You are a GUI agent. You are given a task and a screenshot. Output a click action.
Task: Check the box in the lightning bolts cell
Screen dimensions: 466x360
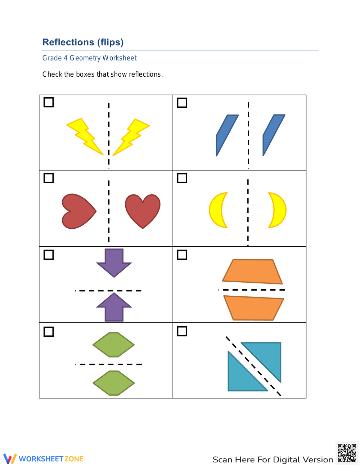[x=49, y=102]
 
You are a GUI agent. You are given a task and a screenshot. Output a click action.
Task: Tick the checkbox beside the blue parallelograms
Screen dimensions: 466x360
[x=182, y=103]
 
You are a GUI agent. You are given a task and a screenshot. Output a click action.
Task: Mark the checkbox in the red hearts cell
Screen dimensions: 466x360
[x=49, y=178]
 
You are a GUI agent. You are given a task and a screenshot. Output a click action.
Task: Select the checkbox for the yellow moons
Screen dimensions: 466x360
[x=182, y=178]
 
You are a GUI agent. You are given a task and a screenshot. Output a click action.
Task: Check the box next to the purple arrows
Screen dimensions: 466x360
[x=49, y=255]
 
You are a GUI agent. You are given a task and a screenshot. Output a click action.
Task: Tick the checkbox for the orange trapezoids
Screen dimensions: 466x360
[x=182, y=255]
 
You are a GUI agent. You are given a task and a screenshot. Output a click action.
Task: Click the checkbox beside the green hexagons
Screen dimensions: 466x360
[x=49, y=331]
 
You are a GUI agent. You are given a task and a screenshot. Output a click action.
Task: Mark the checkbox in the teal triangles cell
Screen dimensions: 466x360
[x=182, y=331]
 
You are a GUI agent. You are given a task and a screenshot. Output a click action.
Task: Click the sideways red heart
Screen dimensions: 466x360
[x=78, y=211]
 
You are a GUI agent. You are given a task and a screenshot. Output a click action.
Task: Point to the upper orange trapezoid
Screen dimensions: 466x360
[x=252, y=271]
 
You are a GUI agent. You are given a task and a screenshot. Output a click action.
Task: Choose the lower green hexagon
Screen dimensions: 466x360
[x=114, y=383]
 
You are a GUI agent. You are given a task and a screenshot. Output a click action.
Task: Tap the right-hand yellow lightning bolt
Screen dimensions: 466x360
[x=132, y=136]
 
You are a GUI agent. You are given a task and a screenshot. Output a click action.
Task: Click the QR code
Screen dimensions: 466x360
[x=347, y=453]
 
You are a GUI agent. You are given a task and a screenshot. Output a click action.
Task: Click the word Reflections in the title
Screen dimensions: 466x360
[x=68, y=42]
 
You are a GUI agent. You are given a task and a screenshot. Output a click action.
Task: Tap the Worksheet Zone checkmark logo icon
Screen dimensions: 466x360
[x=10, y=459]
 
